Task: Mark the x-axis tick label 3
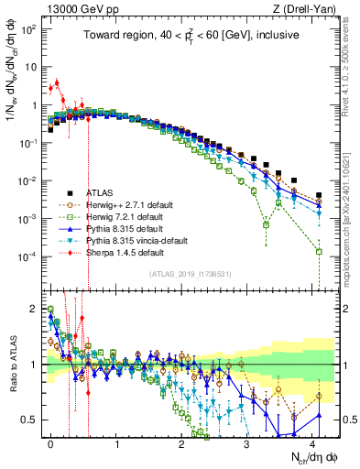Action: [248, 442]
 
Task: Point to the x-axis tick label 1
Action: [116, 442]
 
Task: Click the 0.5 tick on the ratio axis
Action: [33, 420]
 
